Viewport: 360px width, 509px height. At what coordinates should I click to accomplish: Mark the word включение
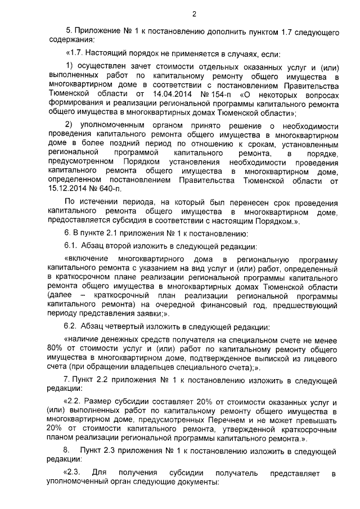point(87,259)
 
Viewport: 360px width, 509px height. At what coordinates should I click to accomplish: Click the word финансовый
point(236,304)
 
